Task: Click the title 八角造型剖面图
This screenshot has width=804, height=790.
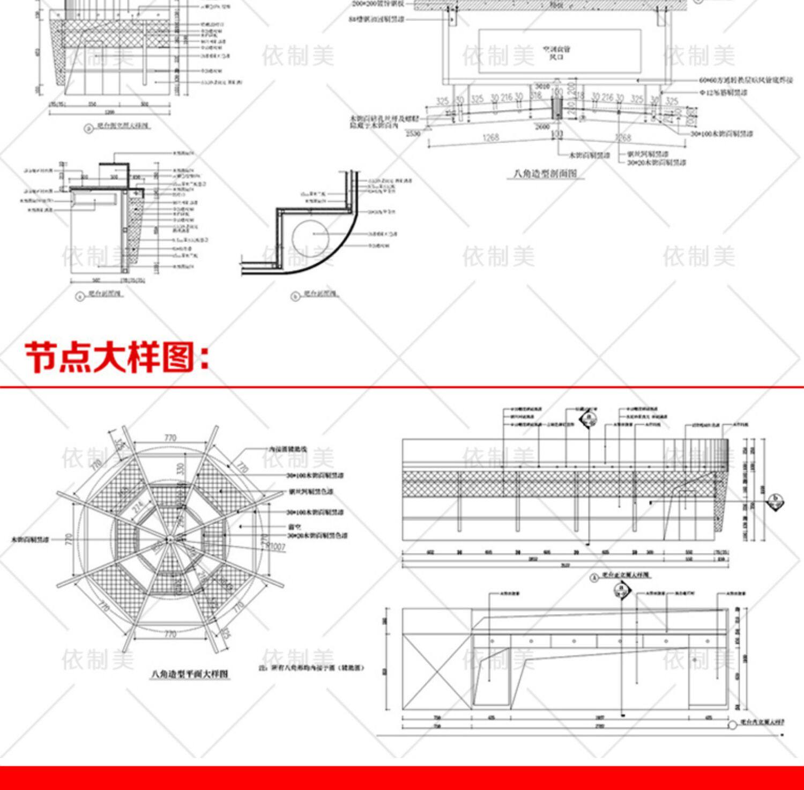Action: [545, 174]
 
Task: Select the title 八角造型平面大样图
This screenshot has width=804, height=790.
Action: [190, 674]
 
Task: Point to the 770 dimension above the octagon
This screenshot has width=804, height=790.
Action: [170, 438]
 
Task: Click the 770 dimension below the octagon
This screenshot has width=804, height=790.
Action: [170, 634]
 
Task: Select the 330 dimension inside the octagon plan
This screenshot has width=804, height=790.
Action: [181, 468]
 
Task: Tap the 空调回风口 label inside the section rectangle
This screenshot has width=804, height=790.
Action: [557, 53]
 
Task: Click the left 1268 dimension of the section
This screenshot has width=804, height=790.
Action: [490, 138]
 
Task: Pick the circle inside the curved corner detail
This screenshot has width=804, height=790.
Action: [310, 236]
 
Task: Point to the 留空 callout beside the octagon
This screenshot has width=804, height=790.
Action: [294, 527]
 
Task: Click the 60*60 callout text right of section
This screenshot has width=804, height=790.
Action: [745, 80]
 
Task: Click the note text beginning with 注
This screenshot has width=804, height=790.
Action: [311, 668]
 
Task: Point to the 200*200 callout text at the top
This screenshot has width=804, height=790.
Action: [382, 4]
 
